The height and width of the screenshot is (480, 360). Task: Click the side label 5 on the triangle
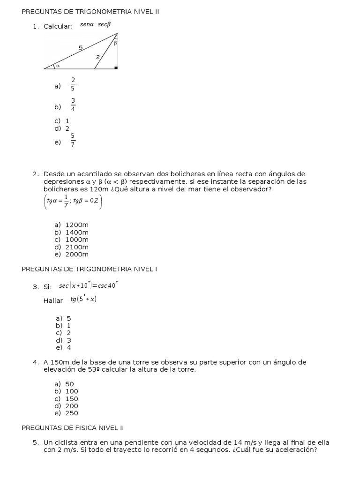81,47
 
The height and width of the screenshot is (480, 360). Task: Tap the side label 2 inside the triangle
97,57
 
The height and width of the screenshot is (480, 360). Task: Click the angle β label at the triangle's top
115,43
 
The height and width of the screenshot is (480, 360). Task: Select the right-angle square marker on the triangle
116,67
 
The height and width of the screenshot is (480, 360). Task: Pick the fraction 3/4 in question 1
73,105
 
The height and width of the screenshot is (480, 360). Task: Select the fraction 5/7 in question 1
73,140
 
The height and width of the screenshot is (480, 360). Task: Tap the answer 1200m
77,225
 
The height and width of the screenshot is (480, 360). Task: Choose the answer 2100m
77,247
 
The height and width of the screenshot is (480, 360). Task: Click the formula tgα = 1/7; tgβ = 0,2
72,202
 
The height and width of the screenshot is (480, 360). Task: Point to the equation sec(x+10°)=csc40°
88,285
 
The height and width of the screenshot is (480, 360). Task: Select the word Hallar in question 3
53,300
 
